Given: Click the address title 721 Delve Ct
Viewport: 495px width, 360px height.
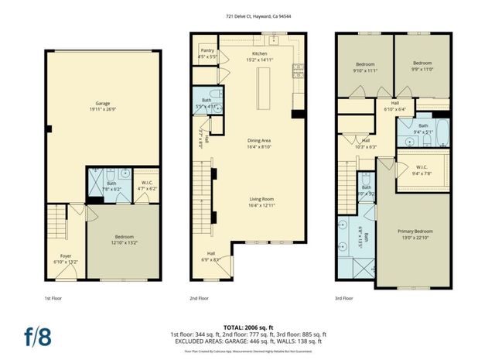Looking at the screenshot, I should pos(247,16).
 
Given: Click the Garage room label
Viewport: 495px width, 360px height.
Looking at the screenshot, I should pos(103,105).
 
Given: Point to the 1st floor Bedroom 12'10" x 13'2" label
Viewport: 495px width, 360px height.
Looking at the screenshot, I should pos(124,239).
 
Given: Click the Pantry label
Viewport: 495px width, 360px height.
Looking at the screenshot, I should pos(207,53).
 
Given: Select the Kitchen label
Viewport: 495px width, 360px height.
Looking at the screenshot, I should pos(259,56).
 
